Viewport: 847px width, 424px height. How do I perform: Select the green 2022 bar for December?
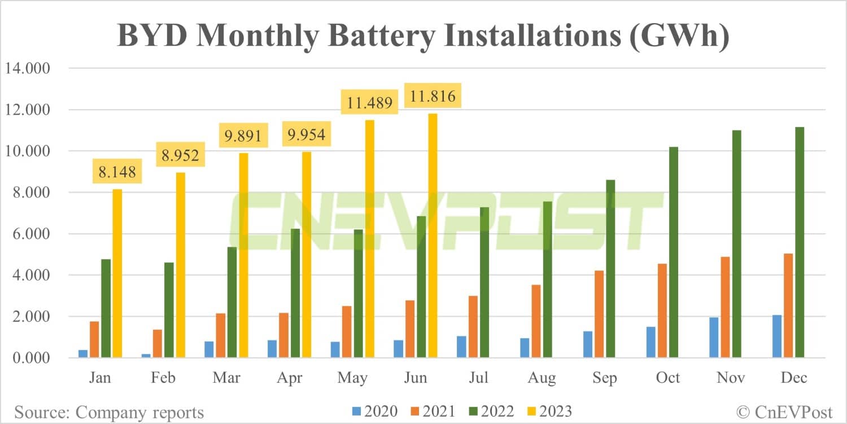[800, 242]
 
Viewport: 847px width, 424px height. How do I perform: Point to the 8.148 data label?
[117, 172]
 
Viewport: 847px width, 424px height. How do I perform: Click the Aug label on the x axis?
[541, 378]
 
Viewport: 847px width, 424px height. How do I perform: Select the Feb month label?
[163, 378]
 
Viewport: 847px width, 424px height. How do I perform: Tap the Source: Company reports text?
[109, 412]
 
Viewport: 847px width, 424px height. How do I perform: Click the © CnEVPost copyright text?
[785, 412]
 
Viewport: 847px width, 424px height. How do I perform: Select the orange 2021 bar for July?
[472, 327]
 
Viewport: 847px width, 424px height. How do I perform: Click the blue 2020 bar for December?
[777, 336]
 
